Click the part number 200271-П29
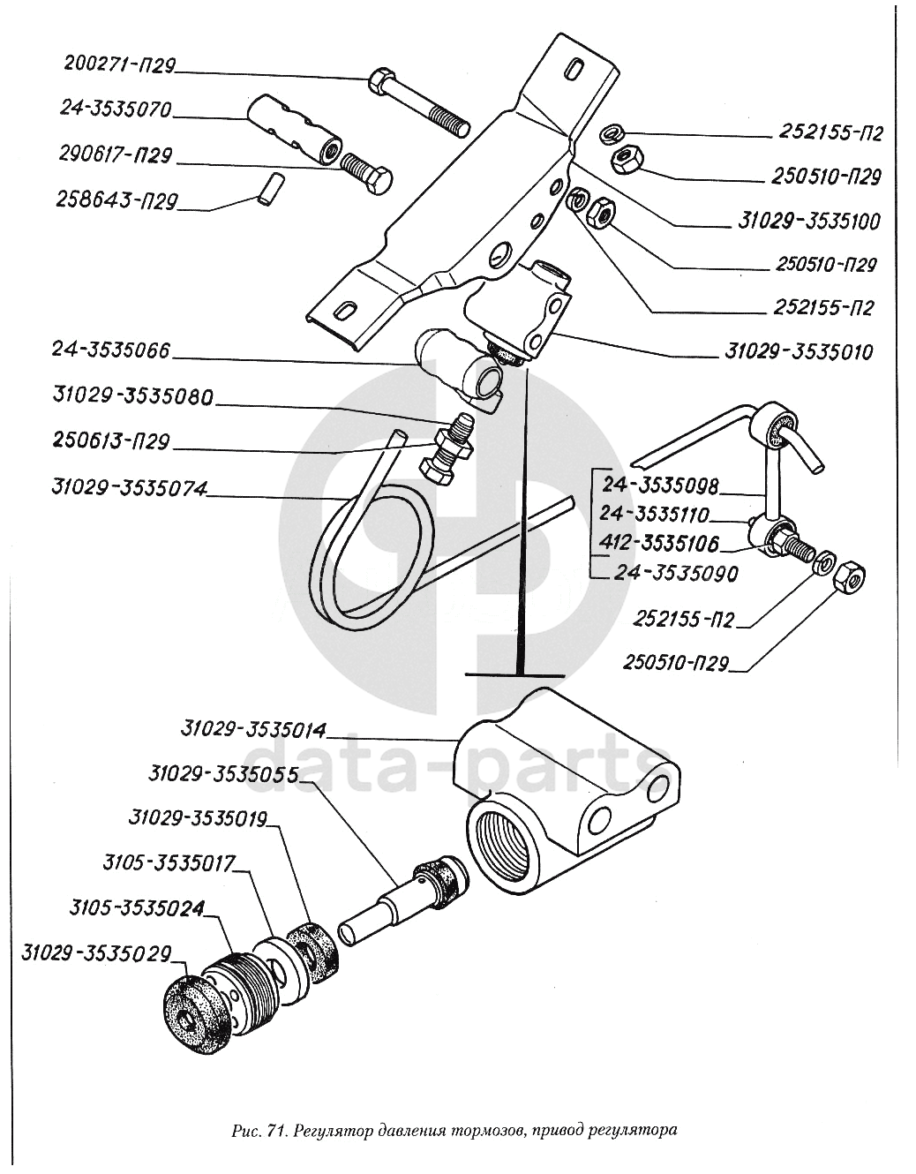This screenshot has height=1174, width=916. [120, 65]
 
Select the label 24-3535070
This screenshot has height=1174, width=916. [115, 110]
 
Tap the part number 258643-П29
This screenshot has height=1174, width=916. [116, 201]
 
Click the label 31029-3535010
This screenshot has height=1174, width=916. [799, 352]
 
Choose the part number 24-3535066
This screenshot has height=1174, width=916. [110, 350]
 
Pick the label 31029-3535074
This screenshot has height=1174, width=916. [129, 488]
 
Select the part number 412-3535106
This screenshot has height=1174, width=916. [660, 544]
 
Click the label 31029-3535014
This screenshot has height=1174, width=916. [252, 731]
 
